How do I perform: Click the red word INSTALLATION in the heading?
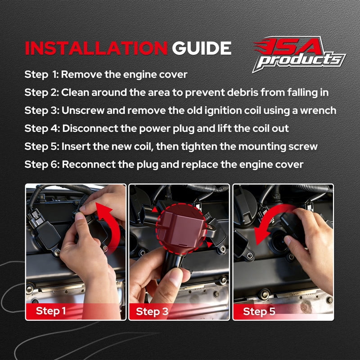96,48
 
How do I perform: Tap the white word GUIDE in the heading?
202,48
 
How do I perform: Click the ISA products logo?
299,54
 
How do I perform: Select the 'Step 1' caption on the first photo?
51,311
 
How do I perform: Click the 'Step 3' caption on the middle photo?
152,311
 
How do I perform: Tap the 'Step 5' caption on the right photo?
259,311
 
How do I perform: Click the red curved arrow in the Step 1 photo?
112,226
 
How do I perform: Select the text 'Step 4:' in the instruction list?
42,128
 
